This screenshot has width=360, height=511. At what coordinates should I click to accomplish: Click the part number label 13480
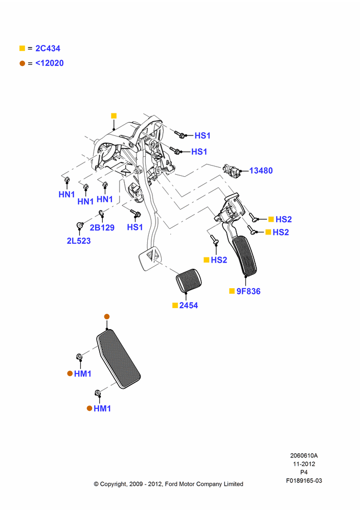coord(261,171)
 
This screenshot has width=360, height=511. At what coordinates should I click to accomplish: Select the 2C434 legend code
coord(48,48)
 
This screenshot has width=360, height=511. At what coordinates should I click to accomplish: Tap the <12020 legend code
coord(50,63)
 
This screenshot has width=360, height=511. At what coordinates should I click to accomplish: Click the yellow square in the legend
coord(22,48)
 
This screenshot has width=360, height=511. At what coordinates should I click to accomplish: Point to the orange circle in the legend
coord(22,63)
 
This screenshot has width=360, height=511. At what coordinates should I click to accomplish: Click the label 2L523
coord(79,241)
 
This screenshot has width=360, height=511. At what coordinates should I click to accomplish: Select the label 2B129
coord(102,227)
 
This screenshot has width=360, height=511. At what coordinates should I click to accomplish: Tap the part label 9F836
coord(249,291)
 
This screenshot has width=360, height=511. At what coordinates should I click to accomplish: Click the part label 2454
coord(189,306)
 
